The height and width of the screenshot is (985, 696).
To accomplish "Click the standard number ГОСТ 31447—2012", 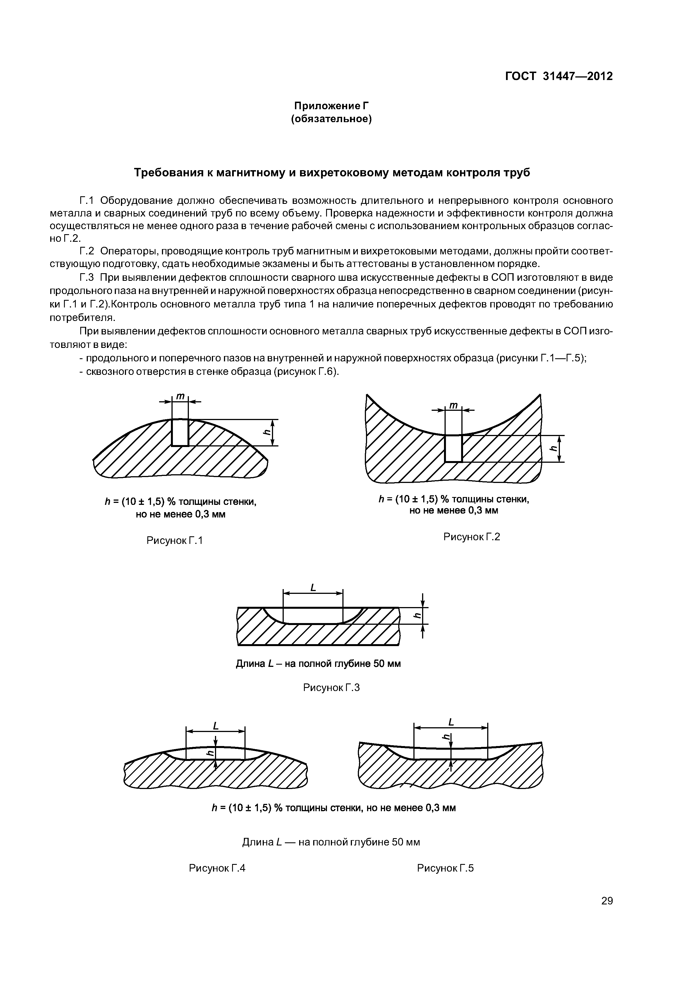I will tap(558, 76).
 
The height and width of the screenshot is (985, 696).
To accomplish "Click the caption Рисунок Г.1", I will tap(175, 541).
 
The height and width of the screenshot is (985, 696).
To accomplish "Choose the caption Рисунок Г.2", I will tap(472, 537).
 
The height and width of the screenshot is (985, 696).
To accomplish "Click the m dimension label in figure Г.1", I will tap(180, 397).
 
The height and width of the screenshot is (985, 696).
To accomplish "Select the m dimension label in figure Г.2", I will tap(453, 405).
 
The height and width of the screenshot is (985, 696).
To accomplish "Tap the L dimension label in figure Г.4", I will tap(216, 726).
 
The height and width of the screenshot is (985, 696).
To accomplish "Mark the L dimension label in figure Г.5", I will tap(451, 722).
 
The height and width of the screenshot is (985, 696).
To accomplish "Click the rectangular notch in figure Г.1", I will tap(180, 432).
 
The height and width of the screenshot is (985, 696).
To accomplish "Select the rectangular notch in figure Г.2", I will tap(453, 448).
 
